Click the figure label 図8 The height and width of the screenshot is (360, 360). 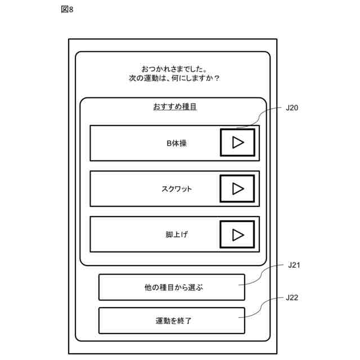coord(66,10)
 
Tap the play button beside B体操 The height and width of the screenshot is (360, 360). coord(237,143)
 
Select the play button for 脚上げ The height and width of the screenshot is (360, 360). coord(237,234)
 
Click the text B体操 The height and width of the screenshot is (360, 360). coord(176,143)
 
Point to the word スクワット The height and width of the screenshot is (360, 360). coord(176,189)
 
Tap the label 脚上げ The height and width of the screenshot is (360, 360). coord(176,235)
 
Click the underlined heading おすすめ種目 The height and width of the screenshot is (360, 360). coord(174,107)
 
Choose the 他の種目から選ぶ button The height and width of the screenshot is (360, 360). coord(172,287)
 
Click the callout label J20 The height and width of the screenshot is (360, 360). coord(292,108)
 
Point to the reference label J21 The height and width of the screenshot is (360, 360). coord(293,265)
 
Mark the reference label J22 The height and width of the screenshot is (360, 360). coord(292,298)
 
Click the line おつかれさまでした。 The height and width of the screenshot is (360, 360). coord(174,68)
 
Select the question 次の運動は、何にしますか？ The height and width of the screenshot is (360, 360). coord(174,78)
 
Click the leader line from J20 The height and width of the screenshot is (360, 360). coord(264,116)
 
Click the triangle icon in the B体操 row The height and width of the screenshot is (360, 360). coord(238,143)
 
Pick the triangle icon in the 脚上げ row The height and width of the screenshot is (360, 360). coord(238,234)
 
